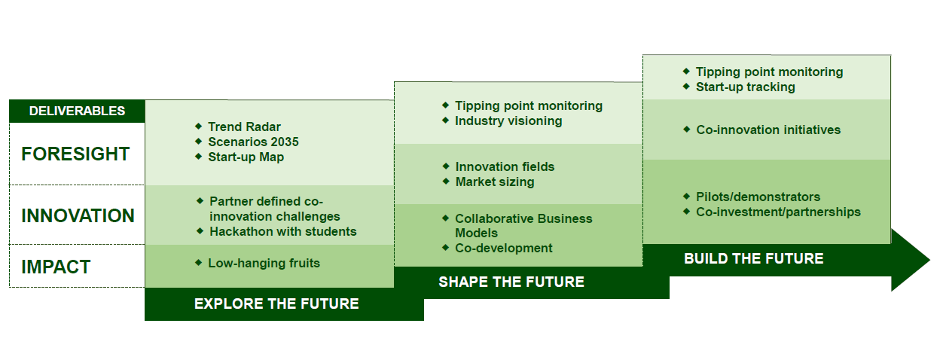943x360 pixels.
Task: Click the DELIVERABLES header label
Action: tap(77, 111)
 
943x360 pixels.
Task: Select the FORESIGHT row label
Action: tap(75, 154)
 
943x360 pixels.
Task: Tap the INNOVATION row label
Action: tap(78, 216)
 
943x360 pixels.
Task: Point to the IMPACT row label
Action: tap(56, 267)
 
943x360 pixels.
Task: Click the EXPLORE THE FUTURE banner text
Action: tap(276, 304)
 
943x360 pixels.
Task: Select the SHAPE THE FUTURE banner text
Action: tap(511, 282)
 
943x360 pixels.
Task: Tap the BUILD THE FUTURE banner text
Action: tap(753, 259)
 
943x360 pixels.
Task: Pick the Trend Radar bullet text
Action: tap(244, 127)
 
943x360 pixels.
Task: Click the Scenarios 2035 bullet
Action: tap(253, 142)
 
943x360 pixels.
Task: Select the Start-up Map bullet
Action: tap(246, 157)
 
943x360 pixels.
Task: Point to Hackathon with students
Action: tap(282, 231)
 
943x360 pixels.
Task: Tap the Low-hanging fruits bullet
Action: tap(264, 263)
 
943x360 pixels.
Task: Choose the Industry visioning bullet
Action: tap(508, 121)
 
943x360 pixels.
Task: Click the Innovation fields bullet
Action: tap(505, 166)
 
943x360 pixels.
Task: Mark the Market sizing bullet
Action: tap(494, 182)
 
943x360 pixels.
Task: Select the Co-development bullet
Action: tap(503, 248)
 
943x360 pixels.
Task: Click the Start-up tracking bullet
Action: tap(745, 87)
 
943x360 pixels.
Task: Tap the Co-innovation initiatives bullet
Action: tap(768, 130)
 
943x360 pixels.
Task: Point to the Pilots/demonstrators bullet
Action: tap(758, 197)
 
